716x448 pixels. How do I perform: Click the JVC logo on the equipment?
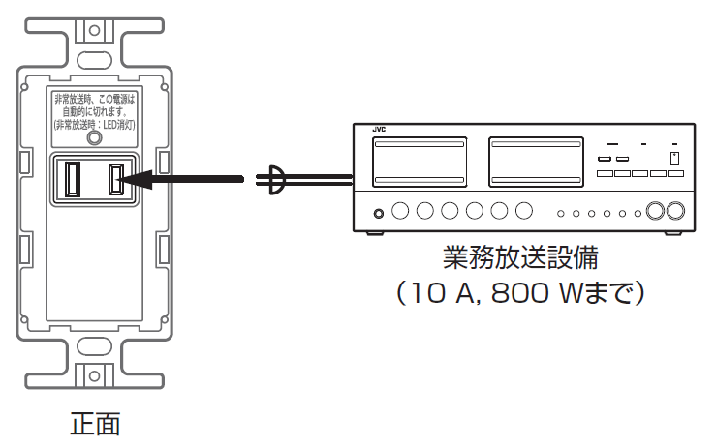click(x=379, y=128)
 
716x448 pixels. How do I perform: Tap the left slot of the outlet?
click(x=71, y=178)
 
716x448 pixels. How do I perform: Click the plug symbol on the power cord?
click(x=275, y=178)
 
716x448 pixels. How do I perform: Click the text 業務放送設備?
click(x=520, y=258)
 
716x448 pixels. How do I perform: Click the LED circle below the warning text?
click(x=93, y=139)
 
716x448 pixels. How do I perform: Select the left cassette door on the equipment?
click(x=421, y=161)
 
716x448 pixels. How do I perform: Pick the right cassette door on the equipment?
click(x=536, y=161)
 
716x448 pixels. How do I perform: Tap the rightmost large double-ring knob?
click(x=676, y=212)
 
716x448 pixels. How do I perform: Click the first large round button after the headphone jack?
click(x=401, y=210)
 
